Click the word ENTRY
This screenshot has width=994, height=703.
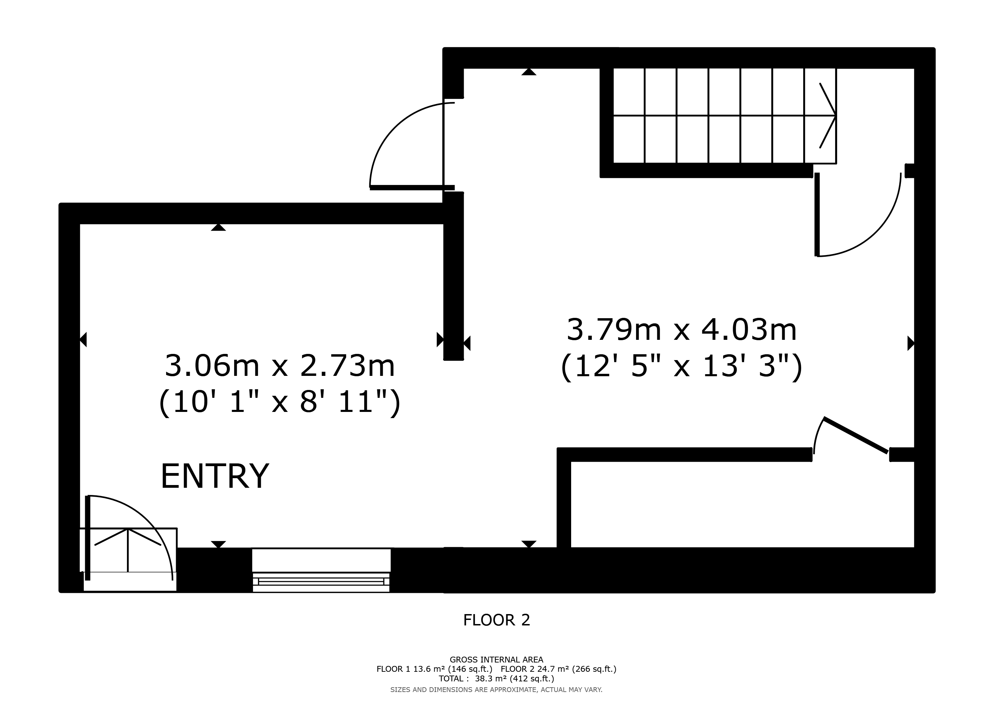click(x=215, y=476)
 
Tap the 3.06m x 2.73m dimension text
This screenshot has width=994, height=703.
click(x=280, y=366)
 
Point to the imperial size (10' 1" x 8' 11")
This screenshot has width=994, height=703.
click(x=280, y=402)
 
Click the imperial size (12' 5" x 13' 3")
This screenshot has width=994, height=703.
click(x=681, y=366)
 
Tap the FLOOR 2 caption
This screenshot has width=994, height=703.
click(x=497, y=620)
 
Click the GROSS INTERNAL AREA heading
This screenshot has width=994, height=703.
click(x=497, y=660)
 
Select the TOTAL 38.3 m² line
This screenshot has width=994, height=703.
click(x=497, y=679)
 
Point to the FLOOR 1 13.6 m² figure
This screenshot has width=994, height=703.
click(x=434, y=669)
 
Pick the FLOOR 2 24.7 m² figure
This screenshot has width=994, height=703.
click(x=558, y=669)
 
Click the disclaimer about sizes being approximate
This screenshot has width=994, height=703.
click(x=497, y=690)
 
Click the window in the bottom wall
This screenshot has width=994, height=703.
click(x=321, y=570)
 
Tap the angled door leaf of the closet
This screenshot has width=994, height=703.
click(x=856, y=436)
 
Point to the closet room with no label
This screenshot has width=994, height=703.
click(x=742, y=504)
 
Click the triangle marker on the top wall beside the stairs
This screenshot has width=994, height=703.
click(x=529, y=72)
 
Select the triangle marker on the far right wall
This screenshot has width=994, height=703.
click(x=911, y=343)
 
